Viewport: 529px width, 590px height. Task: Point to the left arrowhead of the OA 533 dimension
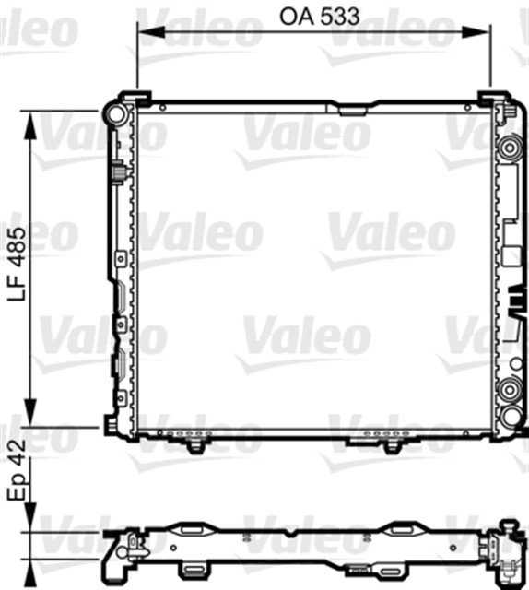144,33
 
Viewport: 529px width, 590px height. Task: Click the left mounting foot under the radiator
194,445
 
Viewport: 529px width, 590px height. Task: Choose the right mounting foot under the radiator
391,445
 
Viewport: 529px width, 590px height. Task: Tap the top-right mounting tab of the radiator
491,99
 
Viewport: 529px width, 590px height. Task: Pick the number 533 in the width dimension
335,16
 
